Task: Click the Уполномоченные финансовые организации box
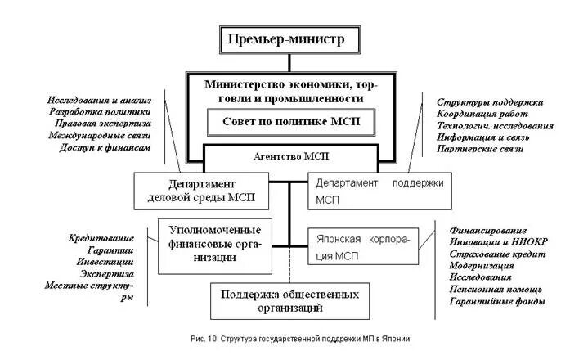(215, 242)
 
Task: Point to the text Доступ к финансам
(105, 147)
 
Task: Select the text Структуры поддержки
(490, 101)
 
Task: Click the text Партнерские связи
(479, 151)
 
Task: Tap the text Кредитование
(101, 237)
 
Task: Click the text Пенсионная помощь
(496, 290)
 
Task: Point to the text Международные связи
(100, 135)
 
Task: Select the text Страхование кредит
(496, 254)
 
